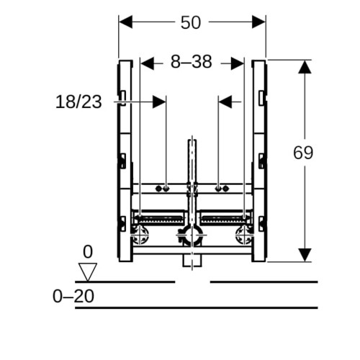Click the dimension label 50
[191, 23]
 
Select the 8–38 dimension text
[192, 62]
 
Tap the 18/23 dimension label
[78, 102]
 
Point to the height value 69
[303, 153]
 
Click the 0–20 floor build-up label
[73, 296]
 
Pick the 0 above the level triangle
[88, 252]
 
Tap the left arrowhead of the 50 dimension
[125, 22]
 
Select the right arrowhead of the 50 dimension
[258, 22]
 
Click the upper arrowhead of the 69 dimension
[305, 67]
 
